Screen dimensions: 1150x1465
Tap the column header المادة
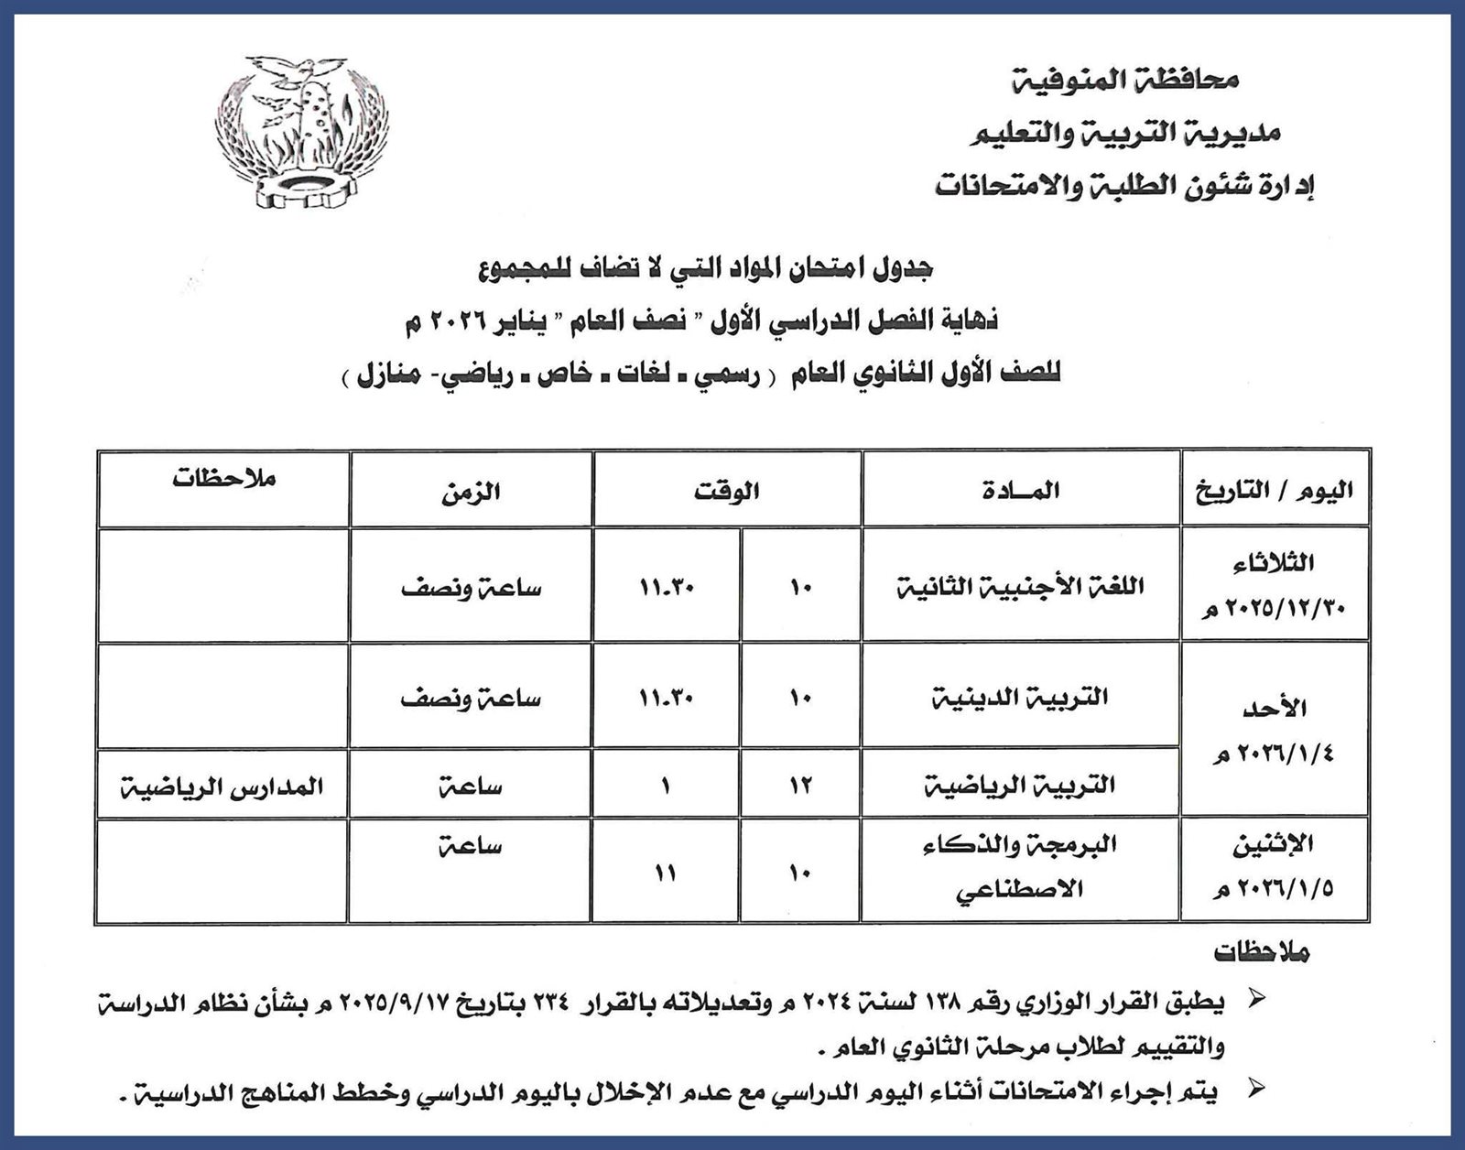coord(1022,491)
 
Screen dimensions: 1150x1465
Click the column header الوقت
coord(727,491)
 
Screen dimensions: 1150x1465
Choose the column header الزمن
coord(471,491)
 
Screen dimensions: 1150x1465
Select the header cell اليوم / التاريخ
coord(1275,491)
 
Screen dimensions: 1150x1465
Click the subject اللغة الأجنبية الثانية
coord(1022,586)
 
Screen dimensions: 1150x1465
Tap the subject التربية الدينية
coord(1022,698)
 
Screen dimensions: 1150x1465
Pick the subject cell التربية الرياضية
coord(1022,786)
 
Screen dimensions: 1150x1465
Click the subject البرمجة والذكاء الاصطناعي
coord(1022,867)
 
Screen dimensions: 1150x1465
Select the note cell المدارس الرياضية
coord(223,786)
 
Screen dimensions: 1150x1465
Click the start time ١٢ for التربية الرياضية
coord(799,786)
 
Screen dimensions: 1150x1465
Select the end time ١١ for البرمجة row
coord(666,873)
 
